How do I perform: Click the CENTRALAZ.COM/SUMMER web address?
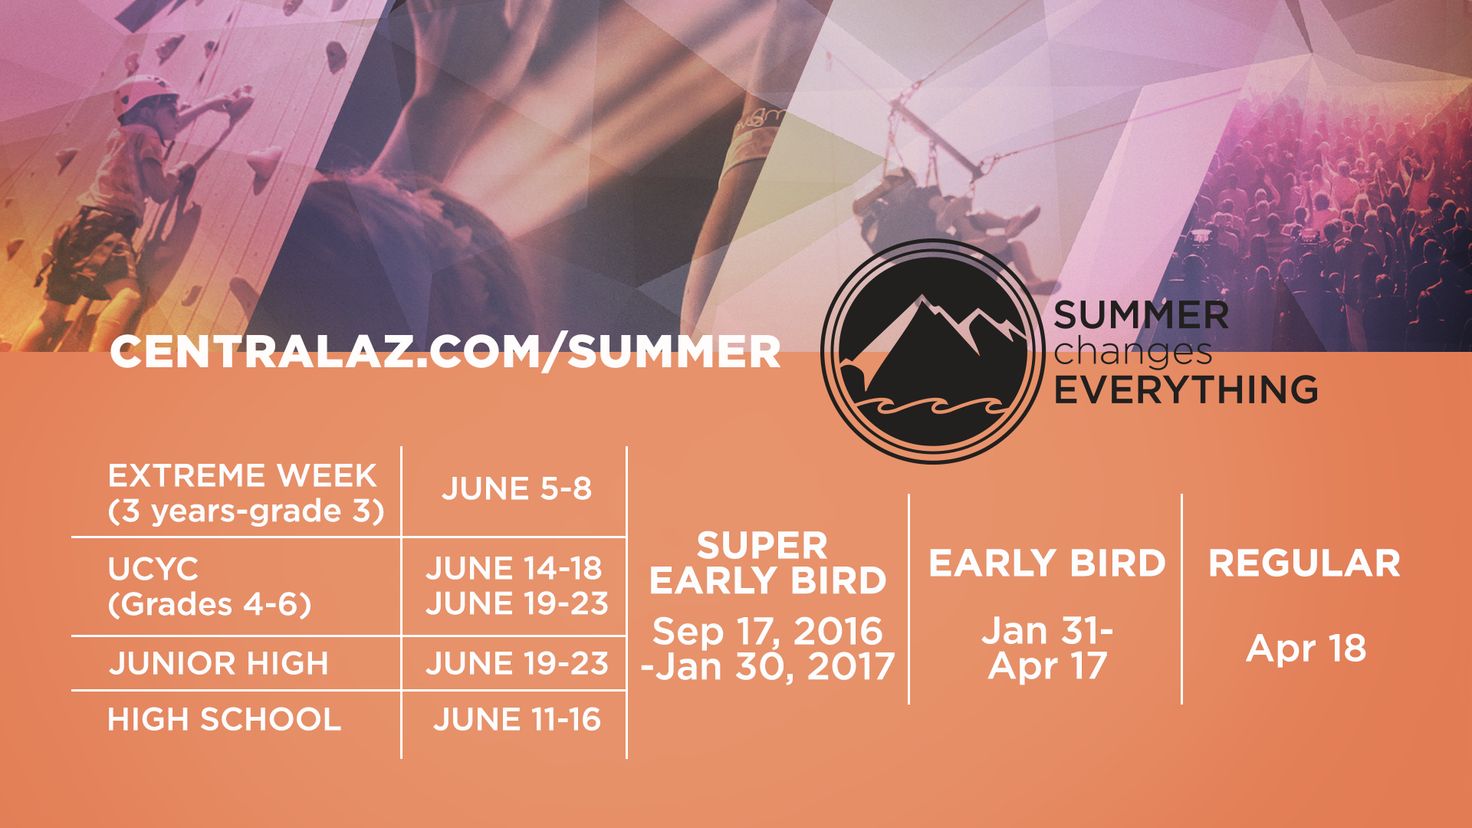(x=445, y=353)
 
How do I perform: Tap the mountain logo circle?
(x=933, y=352)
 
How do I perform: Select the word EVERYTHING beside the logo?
(x=1186, y=389)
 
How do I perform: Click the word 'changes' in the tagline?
(x=1133, y=353)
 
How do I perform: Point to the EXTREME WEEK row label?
(x=242, y=476)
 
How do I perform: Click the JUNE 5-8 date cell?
(x=517, y=489)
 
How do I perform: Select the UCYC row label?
(x=153, y=569)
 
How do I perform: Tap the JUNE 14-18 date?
(x=514, y=568)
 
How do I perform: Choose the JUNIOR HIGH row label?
(x=219, y=664)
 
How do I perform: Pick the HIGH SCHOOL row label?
(x=225, y=720)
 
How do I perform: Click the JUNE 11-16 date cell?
(x=517, y=720)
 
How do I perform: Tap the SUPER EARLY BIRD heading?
(x=767, y=563)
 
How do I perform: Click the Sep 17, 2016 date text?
(x=767, y=632)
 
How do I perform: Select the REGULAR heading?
(x=1305, y=563)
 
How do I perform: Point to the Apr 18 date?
(x=1306, y=649)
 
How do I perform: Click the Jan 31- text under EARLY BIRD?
(x=1047, y=631)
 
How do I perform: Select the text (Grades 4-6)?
(x=210, y=605)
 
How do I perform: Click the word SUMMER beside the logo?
(x=1142, y=315)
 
